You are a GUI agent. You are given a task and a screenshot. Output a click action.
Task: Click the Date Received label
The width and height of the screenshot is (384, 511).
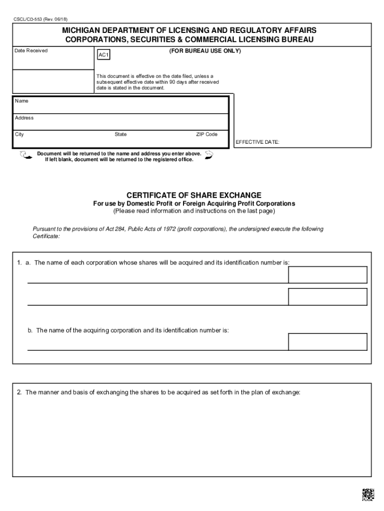[31, 50]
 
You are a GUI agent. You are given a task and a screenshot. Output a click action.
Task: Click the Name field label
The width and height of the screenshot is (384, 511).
[22, 101]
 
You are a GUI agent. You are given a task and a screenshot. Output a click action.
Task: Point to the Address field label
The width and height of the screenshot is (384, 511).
[24, 118]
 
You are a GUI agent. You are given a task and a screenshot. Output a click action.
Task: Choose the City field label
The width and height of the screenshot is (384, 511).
[19, 135]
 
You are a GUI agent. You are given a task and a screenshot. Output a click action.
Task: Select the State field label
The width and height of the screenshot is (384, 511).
[121, 135]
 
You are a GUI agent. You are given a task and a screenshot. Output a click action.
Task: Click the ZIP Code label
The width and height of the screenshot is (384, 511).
[206, 135]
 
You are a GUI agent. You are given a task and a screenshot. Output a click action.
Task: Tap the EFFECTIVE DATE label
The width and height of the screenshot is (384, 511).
[257, 142]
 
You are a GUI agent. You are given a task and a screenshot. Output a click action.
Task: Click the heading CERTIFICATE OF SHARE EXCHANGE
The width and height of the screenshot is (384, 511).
[193, 195]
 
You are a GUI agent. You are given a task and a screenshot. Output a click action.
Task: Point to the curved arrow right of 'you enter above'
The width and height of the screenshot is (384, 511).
[209, 156]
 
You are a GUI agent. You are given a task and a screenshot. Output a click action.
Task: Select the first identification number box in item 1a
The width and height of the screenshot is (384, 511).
[328, 275]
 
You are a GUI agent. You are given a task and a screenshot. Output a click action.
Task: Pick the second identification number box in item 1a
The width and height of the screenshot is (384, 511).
[328, 296]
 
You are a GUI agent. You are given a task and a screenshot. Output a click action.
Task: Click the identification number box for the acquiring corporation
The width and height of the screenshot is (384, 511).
[328, 342]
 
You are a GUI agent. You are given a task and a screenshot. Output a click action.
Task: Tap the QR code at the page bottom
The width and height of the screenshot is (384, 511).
[368, 494]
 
